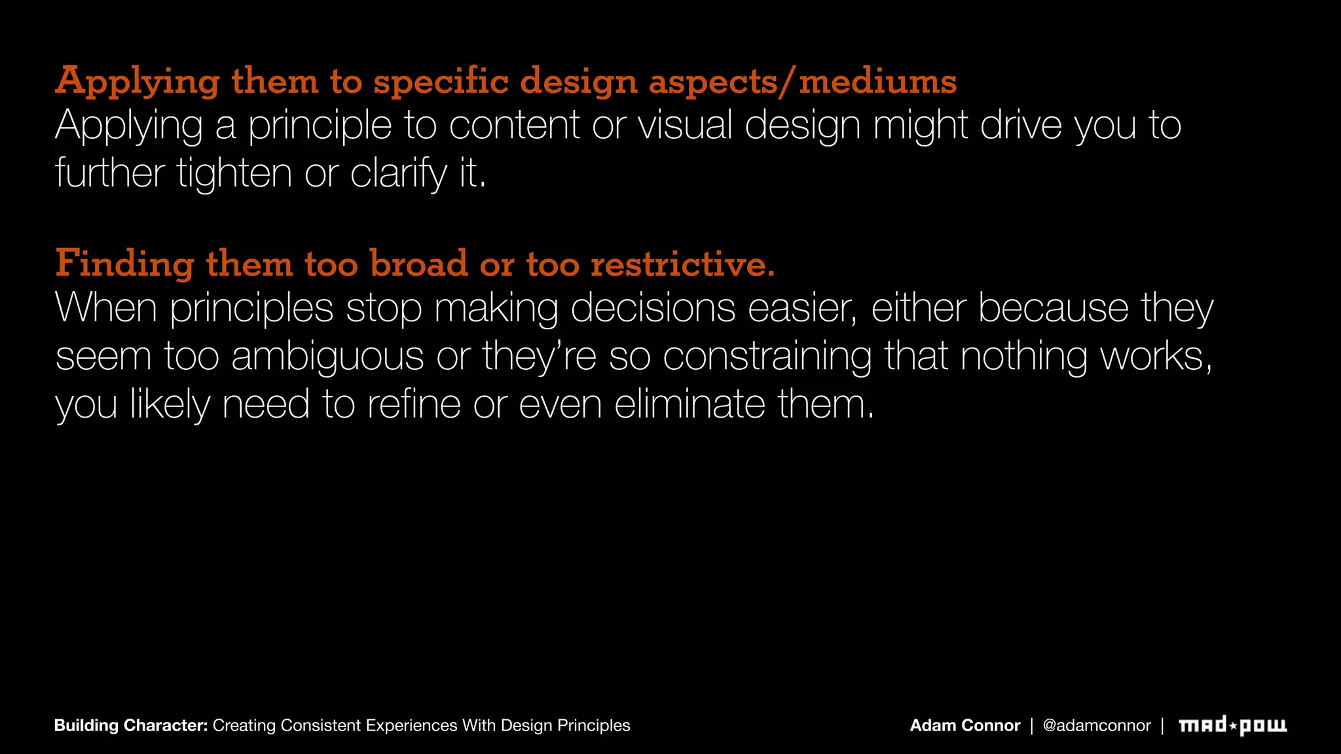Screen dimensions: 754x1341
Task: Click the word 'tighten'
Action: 234,173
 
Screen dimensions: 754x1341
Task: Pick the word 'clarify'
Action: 398,173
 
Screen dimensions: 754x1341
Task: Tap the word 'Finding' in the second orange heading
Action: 124,264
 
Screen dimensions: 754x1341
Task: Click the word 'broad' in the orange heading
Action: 419,264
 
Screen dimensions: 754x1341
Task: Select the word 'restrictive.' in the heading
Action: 683,264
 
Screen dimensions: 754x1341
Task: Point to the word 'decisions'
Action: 653,308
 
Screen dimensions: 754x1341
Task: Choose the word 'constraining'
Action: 767,357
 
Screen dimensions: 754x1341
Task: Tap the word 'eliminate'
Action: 689,404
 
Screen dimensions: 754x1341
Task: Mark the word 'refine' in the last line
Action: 414,404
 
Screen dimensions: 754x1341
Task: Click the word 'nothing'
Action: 1023,357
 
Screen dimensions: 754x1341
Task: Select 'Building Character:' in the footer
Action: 131,725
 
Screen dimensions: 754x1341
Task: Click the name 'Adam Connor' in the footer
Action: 964,725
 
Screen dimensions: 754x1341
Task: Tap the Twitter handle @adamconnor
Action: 1096,725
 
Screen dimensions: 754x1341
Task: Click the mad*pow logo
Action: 1232,725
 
